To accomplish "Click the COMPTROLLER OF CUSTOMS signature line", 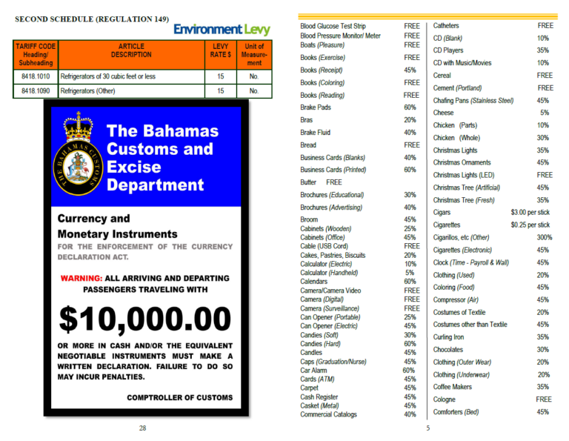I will (179, 397).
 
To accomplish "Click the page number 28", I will (143, 428).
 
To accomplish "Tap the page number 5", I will (428, 428).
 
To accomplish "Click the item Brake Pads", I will (316, 107).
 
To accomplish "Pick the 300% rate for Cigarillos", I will (544, 237).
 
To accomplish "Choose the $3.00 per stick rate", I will (530, 213).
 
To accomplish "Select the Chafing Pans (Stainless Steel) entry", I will (473, 100).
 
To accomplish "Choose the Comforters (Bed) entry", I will (456, 412).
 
